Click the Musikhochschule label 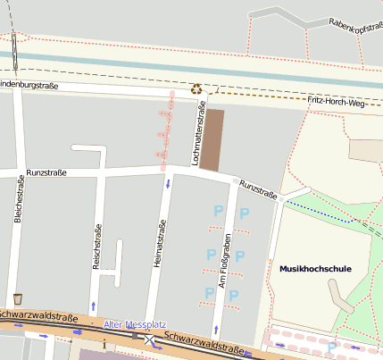[315, 268]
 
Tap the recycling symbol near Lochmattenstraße [196, 88]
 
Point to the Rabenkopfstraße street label [355, 26]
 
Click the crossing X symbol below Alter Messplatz [149, 339]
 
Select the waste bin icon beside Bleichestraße [18, 298]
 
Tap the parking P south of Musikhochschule [332, 347]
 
